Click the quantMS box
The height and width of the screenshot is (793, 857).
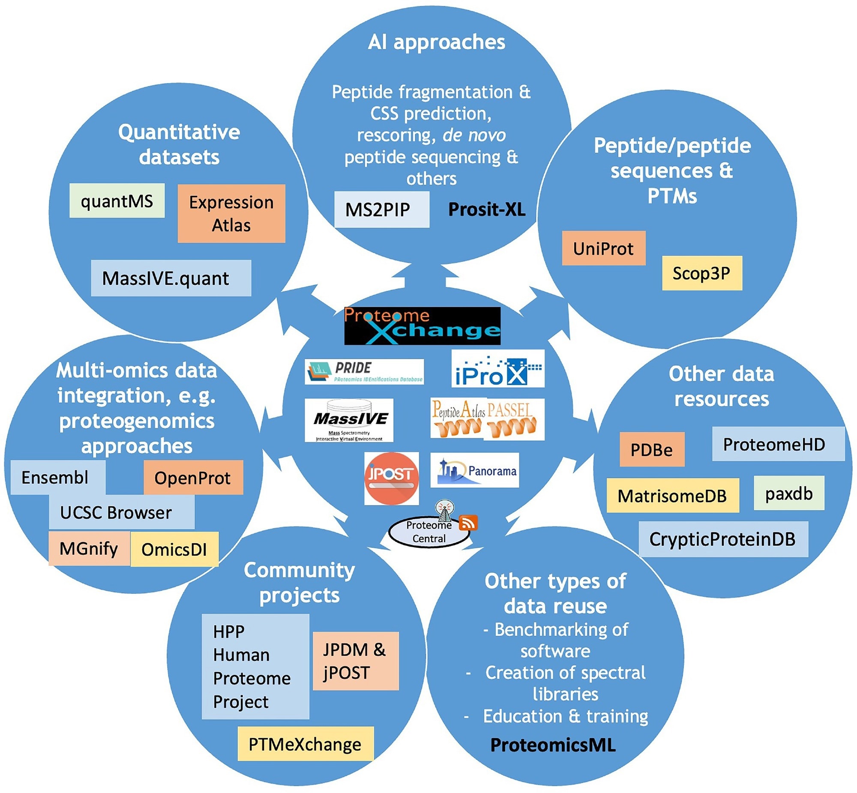(x=117, y=201)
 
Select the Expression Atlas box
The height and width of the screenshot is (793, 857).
(x=231, y=213)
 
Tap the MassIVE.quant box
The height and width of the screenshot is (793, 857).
(x=171, y=278)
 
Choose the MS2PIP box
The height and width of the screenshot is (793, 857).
(x=381, y=209)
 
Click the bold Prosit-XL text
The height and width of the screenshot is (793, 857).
(x=487, y=209)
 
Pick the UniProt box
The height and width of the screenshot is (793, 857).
(x=603, y=248)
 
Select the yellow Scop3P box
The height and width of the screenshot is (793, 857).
(x=701, y=273)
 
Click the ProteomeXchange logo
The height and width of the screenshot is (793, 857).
(x=422, y=326)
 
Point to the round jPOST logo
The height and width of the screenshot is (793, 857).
(x=391, y=478)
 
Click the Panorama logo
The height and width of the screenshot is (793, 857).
(x=475, y=470)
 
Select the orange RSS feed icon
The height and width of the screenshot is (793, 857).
(x=468, y=523)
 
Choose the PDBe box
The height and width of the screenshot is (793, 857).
(x=651, y=449)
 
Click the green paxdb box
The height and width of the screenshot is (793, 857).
(x=789, y=493)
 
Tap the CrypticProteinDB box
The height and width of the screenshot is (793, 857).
(x=723, y=539)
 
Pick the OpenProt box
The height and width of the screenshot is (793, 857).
(x=193, y=478)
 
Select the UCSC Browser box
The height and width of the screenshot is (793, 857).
(x=121, y=512)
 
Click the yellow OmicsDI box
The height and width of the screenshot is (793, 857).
(x=174, y=549)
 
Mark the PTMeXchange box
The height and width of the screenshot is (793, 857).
(x=305, y=744)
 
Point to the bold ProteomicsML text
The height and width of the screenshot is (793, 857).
(x=553, y=745)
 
